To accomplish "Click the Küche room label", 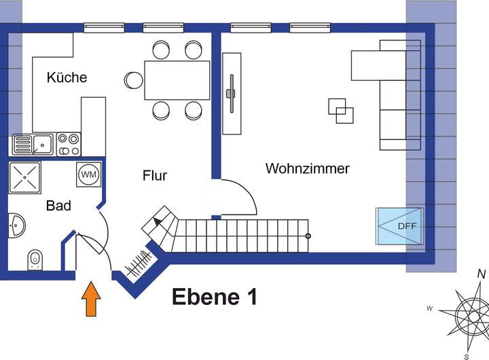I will point(67,77).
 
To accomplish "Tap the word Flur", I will point(155,175).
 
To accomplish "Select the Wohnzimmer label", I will point(307,168).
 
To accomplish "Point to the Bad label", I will point(58,205).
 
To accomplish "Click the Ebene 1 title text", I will point(214,297).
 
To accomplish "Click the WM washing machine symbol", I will point(89,174).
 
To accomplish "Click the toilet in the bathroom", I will point(35,259).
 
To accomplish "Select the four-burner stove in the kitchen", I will point(68,144).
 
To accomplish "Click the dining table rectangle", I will point(177,80).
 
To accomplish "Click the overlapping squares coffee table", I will point(341,111).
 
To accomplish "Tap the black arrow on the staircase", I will point(158,221).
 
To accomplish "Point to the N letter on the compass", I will point(481,274).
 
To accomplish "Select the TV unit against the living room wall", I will point(232,93).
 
